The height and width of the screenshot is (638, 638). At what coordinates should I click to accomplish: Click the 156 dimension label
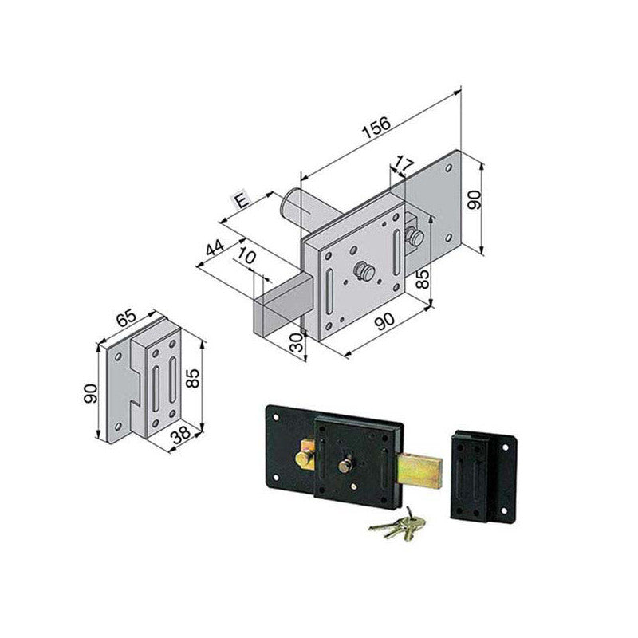point(376,127)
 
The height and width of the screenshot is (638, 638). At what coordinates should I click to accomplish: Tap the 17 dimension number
point(404,164)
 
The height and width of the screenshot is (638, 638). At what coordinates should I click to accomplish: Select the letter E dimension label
point(242,200)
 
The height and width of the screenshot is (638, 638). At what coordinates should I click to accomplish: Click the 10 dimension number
point(246,256)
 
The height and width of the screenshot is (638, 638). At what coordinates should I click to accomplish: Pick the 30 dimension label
point(297,342)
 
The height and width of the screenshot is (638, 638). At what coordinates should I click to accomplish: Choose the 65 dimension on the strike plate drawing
point(127,317)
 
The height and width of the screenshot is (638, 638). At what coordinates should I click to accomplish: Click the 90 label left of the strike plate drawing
point(90,393)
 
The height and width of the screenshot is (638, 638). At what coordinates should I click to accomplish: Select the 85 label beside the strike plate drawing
point(192,378)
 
